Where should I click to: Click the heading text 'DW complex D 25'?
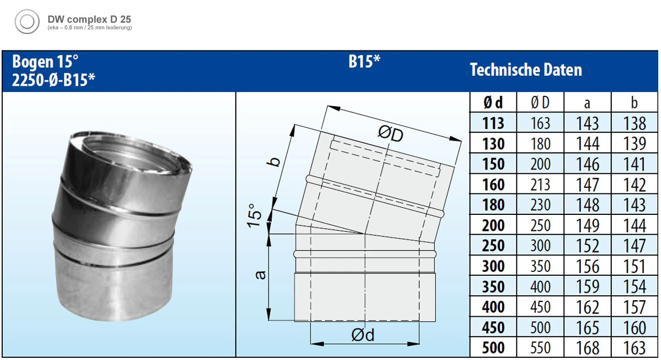pos(89,19)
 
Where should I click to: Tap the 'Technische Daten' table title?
pos(525,70)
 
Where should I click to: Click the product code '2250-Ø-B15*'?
pos(53,80)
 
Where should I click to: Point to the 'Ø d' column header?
pos(493,102)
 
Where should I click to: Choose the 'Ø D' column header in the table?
pos(540,102)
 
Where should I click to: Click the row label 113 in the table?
pos(493,123)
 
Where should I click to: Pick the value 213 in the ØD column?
pos(540,184)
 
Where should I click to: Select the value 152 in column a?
pos(587,246)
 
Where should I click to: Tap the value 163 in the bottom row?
pos(634,348)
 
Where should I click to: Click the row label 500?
pos(493,348)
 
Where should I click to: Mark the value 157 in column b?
pos(634,307)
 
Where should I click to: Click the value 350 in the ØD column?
pos(540,266)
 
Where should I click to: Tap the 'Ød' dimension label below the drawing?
pos(363,335)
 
